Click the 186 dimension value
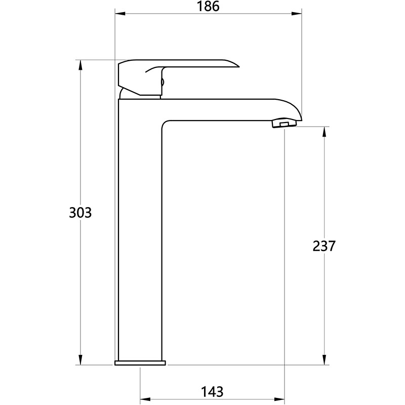pyautogui.click(x=208, y=6)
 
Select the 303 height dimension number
pyautogui.click(x=80, y=213)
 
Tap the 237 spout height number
pyautogui.click(x=324, y=246)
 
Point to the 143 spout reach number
pyautogui.click(x=212, y=392)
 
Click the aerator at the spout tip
pyautogui.click(x=284, y=123)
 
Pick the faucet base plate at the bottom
pyautogui.click(x=140, y=363)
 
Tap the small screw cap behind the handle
pyautogui.click(x=163, y=82)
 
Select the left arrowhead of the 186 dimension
pyautogui.click(x=120, y=14)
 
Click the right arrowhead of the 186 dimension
pyautogui.click(x=297, y=14)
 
